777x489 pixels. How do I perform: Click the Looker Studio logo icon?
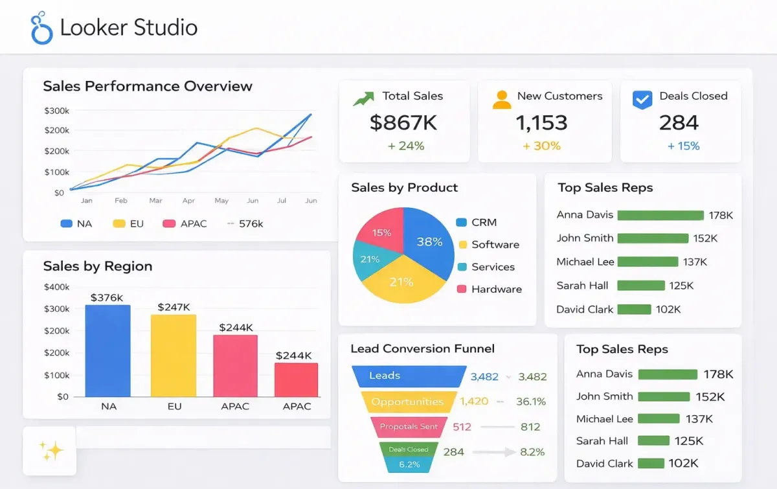coord(42,28)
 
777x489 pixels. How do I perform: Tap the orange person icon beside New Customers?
coord(501,98)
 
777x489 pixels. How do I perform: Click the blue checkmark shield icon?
coord(642,98)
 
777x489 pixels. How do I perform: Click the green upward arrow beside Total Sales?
coord(363,98)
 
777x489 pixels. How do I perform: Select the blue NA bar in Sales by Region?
coord(107,350)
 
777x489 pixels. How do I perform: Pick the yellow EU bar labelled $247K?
coord(174,355)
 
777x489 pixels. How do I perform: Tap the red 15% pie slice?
coord(382,231)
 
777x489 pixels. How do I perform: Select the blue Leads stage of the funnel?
coord(408,376)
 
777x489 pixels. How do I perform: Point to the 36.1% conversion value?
coord(531,402)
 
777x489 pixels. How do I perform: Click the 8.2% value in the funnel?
coord(532,451)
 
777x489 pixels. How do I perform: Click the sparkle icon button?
coord(50,451)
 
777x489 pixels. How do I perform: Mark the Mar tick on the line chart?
coord(155,201)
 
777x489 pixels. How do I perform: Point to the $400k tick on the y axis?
coord(56,287)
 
